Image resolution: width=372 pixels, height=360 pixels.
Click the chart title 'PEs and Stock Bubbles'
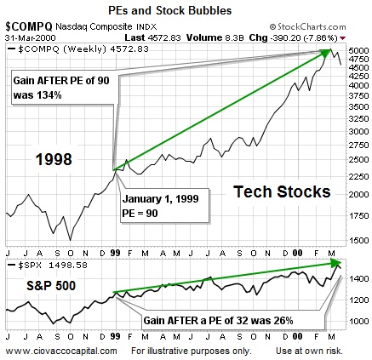point(186,9)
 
